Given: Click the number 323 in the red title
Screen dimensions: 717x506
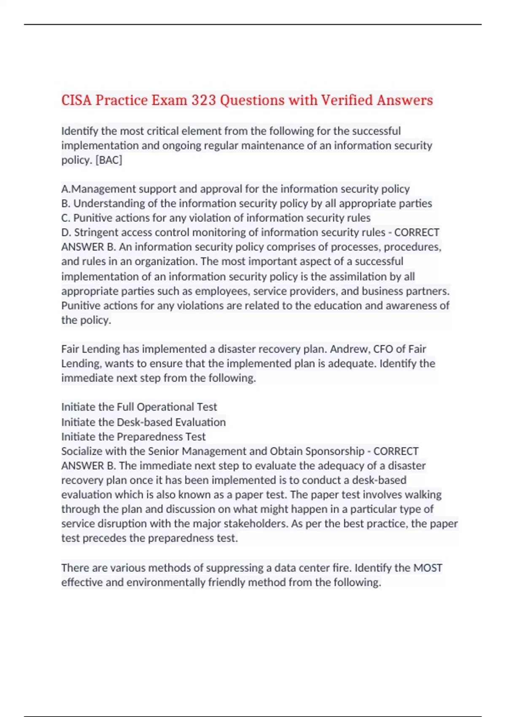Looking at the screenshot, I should pyautogui.click(x=203, y=100).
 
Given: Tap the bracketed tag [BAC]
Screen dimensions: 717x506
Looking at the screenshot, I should pyautogui.click(x=109, y=160).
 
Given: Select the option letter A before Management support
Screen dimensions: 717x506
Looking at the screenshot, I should pyautogui.click(x=65, y=189).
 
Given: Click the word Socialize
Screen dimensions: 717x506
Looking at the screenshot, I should pyautogui.click(x=82, y=451).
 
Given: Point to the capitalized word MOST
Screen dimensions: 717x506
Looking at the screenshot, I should pyautogui.click(x=428, y=568).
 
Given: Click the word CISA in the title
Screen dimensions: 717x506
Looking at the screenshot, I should pyautogui.click(x=77, y=100).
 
